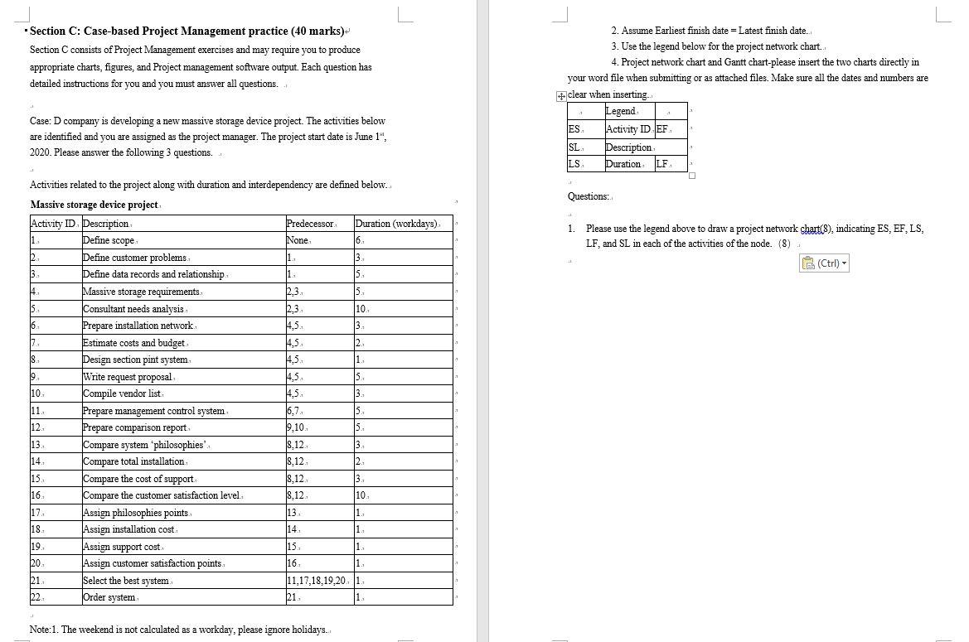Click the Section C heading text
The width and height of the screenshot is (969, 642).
click(187, 31)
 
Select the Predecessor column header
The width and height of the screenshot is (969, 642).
click(310, 224)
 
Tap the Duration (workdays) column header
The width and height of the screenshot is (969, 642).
click(398, 224)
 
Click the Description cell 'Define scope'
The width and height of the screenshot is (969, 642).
click(109, 240)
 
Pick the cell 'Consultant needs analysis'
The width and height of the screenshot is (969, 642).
click(133, 309)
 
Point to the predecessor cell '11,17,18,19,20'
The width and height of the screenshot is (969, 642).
click(317, 580)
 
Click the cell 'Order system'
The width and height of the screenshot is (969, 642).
click(109, 597)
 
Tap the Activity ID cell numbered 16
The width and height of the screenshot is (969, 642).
click(36, 495)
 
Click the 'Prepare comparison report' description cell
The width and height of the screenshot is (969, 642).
click(134, 427)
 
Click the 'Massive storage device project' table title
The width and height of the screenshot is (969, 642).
click(94, 205)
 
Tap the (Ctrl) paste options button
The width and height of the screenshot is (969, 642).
click(825, 263)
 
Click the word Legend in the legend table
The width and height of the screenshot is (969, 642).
click(620, 111)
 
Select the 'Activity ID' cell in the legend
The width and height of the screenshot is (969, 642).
click(627, 129)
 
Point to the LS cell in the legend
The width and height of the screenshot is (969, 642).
click(574, 164)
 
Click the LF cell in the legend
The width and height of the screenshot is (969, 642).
click(662, 164)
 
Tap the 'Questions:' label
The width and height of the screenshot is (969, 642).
click(588, 196)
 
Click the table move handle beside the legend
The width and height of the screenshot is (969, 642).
click(561, 95)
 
